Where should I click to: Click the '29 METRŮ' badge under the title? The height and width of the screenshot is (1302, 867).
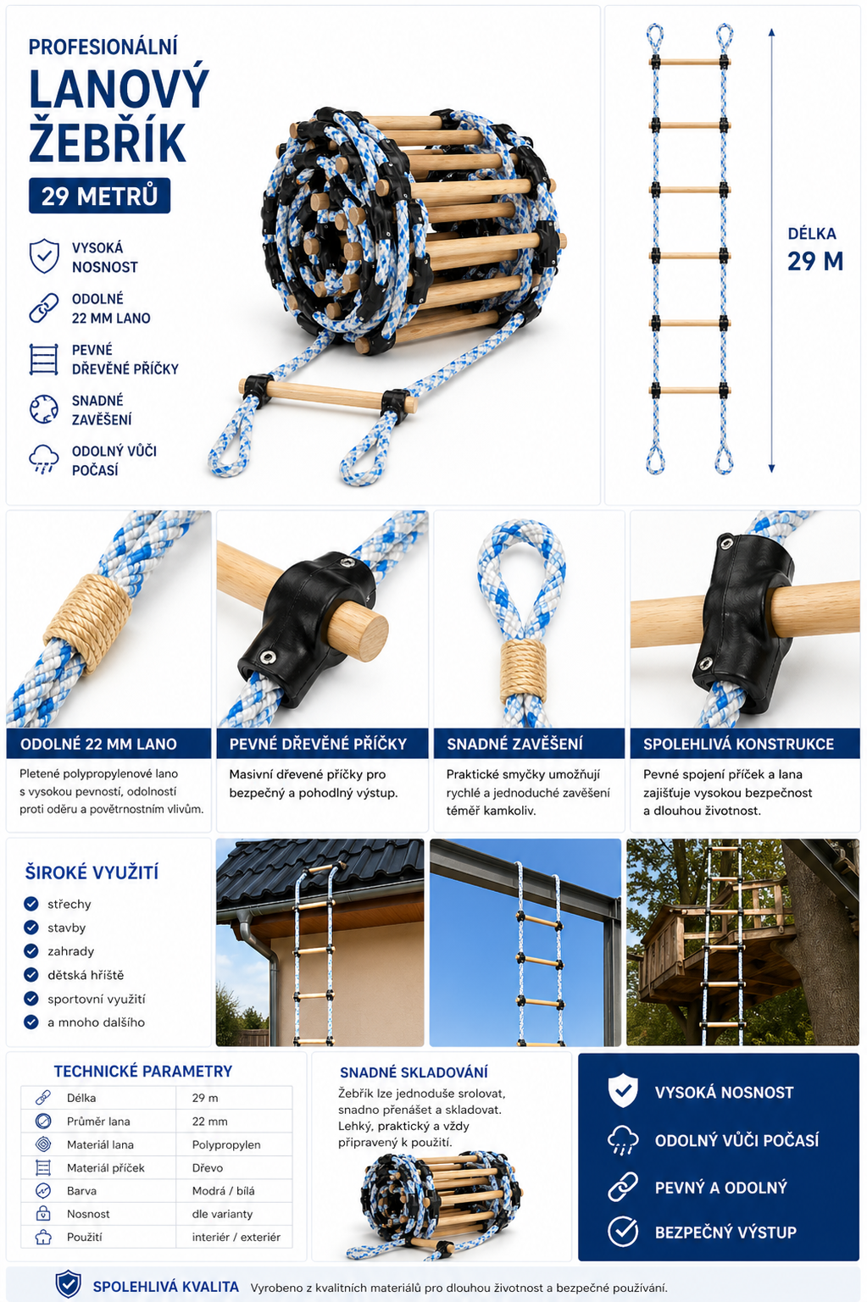[99, 196]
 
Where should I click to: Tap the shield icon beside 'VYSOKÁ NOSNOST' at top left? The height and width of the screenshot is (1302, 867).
[44, 256]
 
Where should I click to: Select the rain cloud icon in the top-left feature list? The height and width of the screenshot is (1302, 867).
[44, 459]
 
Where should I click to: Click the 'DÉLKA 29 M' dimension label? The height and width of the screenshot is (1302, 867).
[815, 250]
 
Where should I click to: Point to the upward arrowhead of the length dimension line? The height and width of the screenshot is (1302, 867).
[771, 31]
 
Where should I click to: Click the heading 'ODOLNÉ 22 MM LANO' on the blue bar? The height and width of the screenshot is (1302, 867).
[98, 744]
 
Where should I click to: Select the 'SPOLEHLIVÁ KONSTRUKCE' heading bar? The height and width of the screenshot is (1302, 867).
[745, 744]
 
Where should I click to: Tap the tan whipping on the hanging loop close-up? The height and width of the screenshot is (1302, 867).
[524, 672]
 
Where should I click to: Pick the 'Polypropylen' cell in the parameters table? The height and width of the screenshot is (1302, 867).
[226, 1144]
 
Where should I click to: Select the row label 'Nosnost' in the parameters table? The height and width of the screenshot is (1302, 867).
[88, 1214]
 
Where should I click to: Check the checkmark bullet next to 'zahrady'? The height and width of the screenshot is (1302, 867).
[31, 951]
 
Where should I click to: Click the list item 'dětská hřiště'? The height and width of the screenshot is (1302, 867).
[86, 975]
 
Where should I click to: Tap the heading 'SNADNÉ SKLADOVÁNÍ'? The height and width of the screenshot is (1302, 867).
[414, 1072]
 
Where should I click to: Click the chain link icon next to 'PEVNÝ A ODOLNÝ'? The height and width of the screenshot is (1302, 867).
[623, 1187]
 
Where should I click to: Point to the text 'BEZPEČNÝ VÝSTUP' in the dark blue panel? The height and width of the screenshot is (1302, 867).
[725, 1233]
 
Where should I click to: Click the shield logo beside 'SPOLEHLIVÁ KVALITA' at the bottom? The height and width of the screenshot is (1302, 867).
[68, 1283]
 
